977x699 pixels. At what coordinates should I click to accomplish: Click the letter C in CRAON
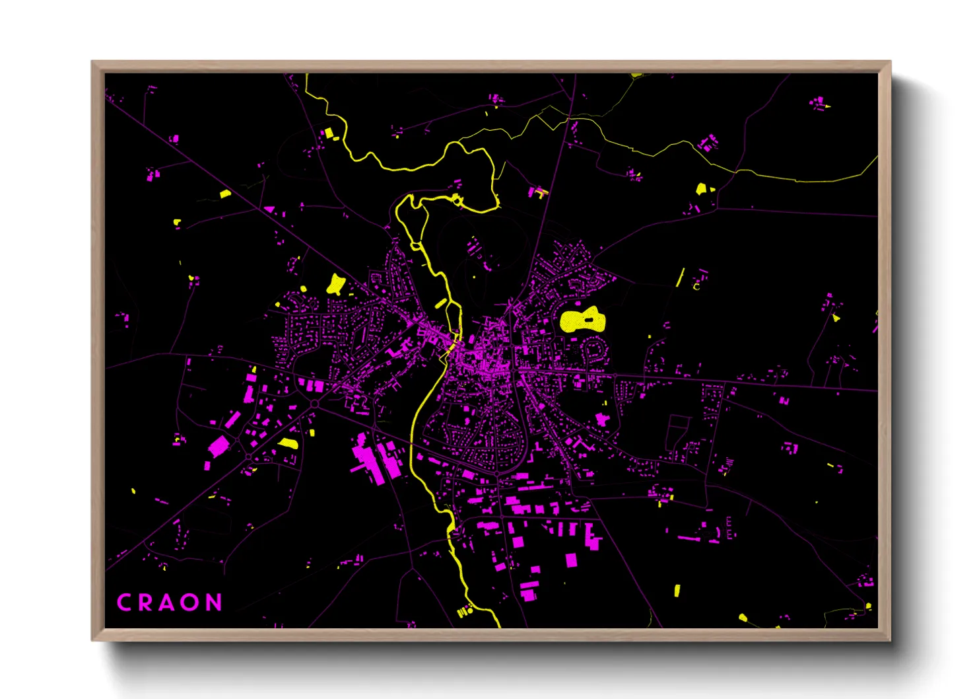124,603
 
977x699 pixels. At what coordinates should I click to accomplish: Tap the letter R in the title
146,603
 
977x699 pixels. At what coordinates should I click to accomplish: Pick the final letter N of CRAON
213,603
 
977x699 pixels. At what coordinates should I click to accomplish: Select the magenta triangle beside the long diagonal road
269,209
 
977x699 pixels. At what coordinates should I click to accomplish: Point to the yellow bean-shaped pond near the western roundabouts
288,443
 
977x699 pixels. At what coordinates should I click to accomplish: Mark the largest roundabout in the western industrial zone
315,403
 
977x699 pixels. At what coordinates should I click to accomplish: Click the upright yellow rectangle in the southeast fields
677,590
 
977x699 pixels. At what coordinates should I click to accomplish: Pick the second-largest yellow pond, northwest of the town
336,284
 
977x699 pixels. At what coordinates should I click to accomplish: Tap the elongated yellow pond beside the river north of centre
440,303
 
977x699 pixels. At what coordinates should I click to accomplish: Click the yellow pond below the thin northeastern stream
701,189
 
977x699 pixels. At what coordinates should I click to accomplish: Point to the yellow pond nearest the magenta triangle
225,194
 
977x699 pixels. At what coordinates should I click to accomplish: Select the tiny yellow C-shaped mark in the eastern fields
696,286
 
